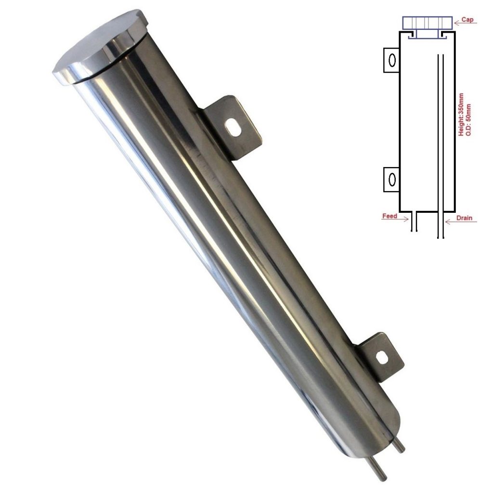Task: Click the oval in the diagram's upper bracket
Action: (392, 60)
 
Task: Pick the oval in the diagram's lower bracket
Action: (392, 180)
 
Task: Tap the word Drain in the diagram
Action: (465, 218)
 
